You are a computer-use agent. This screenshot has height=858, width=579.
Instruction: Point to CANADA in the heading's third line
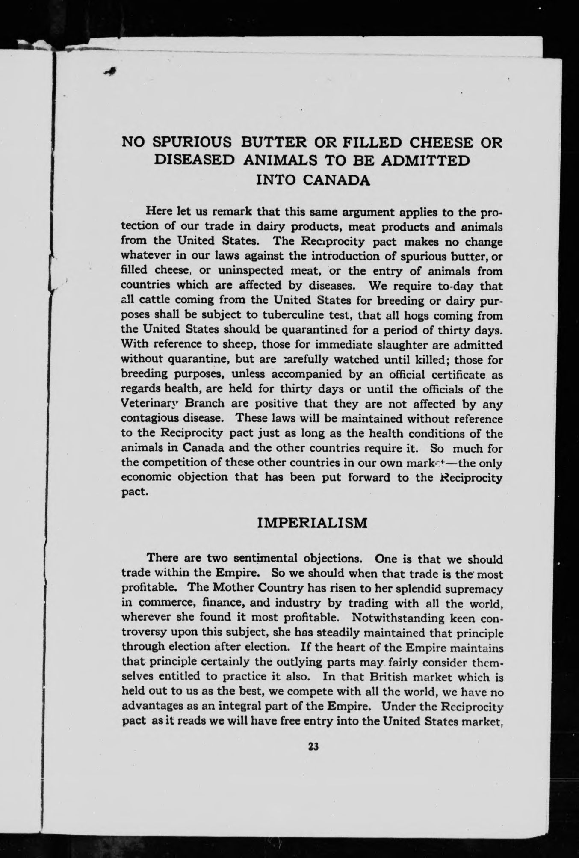tap(338, 179)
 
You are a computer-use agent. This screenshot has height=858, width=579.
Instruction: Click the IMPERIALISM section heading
tap(313, 523)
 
